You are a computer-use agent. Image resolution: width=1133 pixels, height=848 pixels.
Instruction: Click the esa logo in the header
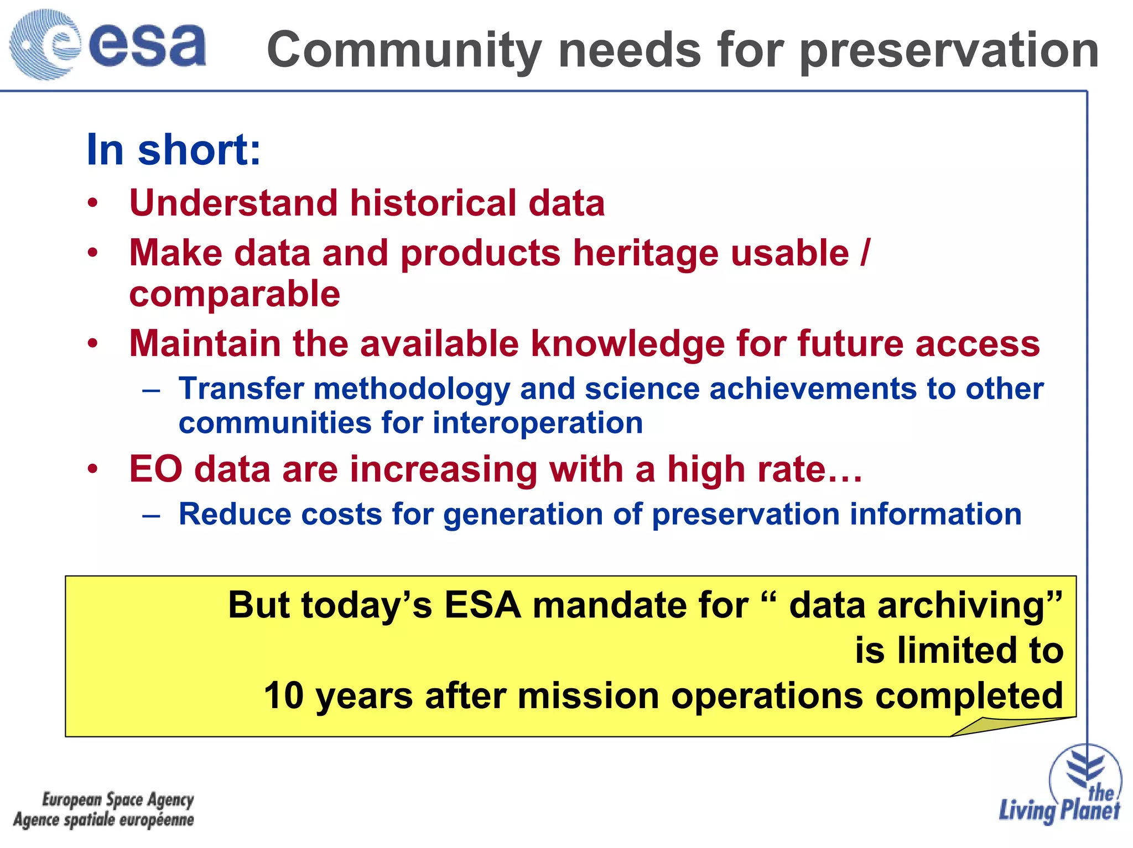tap(108, 44)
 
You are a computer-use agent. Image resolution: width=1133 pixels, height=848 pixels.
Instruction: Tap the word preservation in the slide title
tap(949, 51)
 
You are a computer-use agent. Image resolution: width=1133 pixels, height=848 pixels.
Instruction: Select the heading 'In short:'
tap(173, 150)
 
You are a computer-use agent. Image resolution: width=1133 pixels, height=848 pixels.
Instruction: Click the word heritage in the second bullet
tap(646, 254)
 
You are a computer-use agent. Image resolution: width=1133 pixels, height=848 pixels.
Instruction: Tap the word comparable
tap(235, 294)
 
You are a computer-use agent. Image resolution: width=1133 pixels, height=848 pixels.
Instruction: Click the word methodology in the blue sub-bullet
tap(412, 389)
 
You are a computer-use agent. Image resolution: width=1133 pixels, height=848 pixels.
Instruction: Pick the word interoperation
tap(537, 423)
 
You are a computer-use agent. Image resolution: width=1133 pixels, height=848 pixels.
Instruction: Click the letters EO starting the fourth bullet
tap(155, 469)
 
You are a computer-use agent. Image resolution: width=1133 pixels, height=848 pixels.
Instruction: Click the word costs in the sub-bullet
tap(341, 515)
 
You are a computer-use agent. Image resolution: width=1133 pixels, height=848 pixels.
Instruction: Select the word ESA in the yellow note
tap(482, 605)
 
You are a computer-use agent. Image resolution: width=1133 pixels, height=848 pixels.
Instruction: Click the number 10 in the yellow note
tap(284, 695)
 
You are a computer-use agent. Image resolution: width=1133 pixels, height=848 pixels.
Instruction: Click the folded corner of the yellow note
tap(996, 726)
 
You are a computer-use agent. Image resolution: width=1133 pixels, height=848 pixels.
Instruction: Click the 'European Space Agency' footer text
tap(118, 799)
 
